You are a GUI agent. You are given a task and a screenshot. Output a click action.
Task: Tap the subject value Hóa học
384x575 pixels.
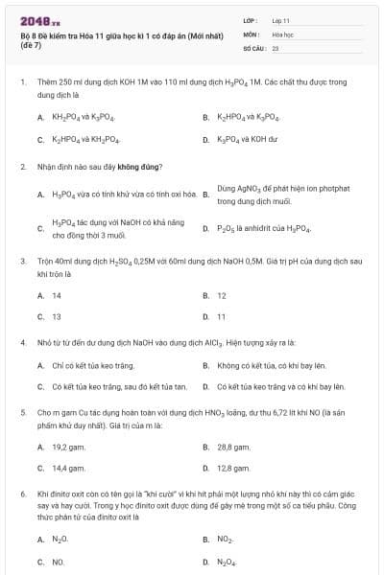(282, 34)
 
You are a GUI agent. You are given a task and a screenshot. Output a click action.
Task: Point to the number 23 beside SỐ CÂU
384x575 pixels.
(276, 47)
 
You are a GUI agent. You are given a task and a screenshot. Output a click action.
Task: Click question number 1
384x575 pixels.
(22, 83)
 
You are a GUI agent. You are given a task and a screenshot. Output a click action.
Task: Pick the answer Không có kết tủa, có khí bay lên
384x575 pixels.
(273, 365)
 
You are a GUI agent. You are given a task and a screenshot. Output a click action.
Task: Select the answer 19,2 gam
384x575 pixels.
(69, 446)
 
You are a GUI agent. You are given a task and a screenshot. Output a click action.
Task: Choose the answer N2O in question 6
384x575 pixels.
(60, 540)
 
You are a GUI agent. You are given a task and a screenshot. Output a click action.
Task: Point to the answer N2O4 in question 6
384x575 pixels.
(227, 562)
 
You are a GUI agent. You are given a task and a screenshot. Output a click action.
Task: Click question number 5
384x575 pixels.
(22, 410)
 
